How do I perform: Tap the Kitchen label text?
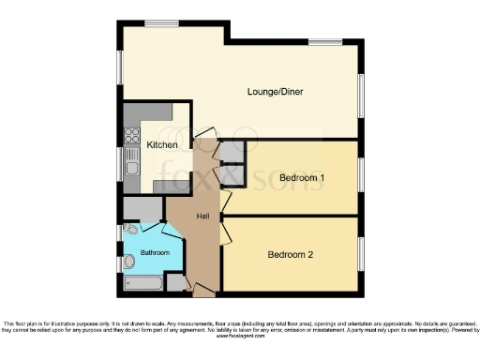click(162, 145)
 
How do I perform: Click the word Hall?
click(202, 217)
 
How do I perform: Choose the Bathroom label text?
click(155, 253)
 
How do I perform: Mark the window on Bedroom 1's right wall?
click(362, 176)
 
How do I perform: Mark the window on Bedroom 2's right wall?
click(362, 254)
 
